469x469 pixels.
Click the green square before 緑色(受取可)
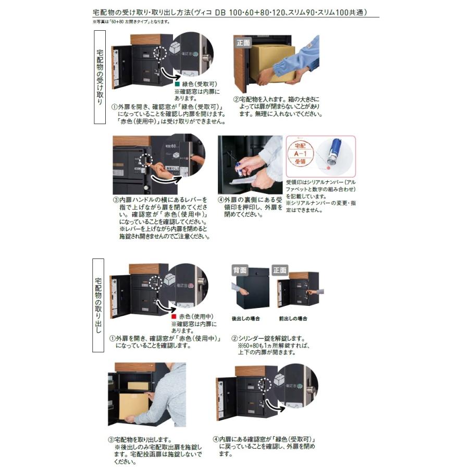[x=177, y=84]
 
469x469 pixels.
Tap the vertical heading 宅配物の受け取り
[x=100, y=77]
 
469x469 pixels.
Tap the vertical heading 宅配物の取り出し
[x=99, y=305]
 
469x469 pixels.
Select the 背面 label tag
[x=240, y=270]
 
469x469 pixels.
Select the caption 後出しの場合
[x=245, y=318]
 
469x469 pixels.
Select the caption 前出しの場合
[x=293, y=318]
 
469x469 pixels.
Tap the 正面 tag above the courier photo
[x=243, y=42]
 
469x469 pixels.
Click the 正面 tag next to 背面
[x=280, y=270]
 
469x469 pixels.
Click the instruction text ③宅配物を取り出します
[x=140, y=440]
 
